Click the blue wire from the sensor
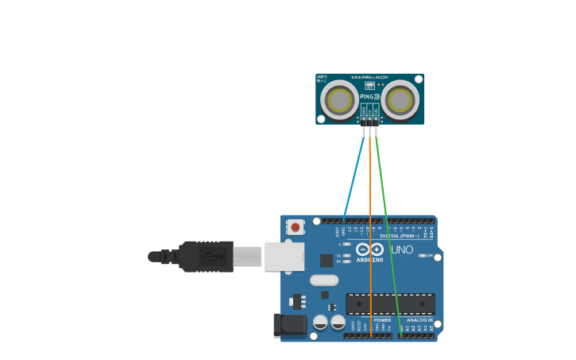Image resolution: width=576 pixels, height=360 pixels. (x=354, y=175)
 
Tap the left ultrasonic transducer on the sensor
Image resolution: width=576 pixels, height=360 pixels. (x=340, y=100)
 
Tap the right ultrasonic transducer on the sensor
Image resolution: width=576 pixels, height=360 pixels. (x=400, y=100)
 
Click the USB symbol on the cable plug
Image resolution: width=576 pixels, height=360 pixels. (x=209, y=257)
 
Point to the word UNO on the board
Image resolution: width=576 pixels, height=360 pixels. (x=402, y=250)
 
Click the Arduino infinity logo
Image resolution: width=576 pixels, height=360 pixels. (x=369, y=250)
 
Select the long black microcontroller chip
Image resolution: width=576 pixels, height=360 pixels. (x=390, y=304)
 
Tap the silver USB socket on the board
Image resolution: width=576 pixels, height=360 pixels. (x=284, y=256)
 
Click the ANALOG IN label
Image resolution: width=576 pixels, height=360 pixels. (x=419, y=320)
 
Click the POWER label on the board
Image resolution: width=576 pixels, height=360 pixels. (x=382, y=320)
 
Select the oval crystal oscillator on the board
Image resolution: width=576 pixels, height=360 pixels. (x=324, y=280)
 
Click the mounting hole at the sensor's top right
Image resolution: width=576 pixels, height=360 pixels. (x=418, y=79)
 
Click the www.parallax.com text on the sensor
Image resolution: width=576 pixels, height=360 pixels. (x=369, y=77)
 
